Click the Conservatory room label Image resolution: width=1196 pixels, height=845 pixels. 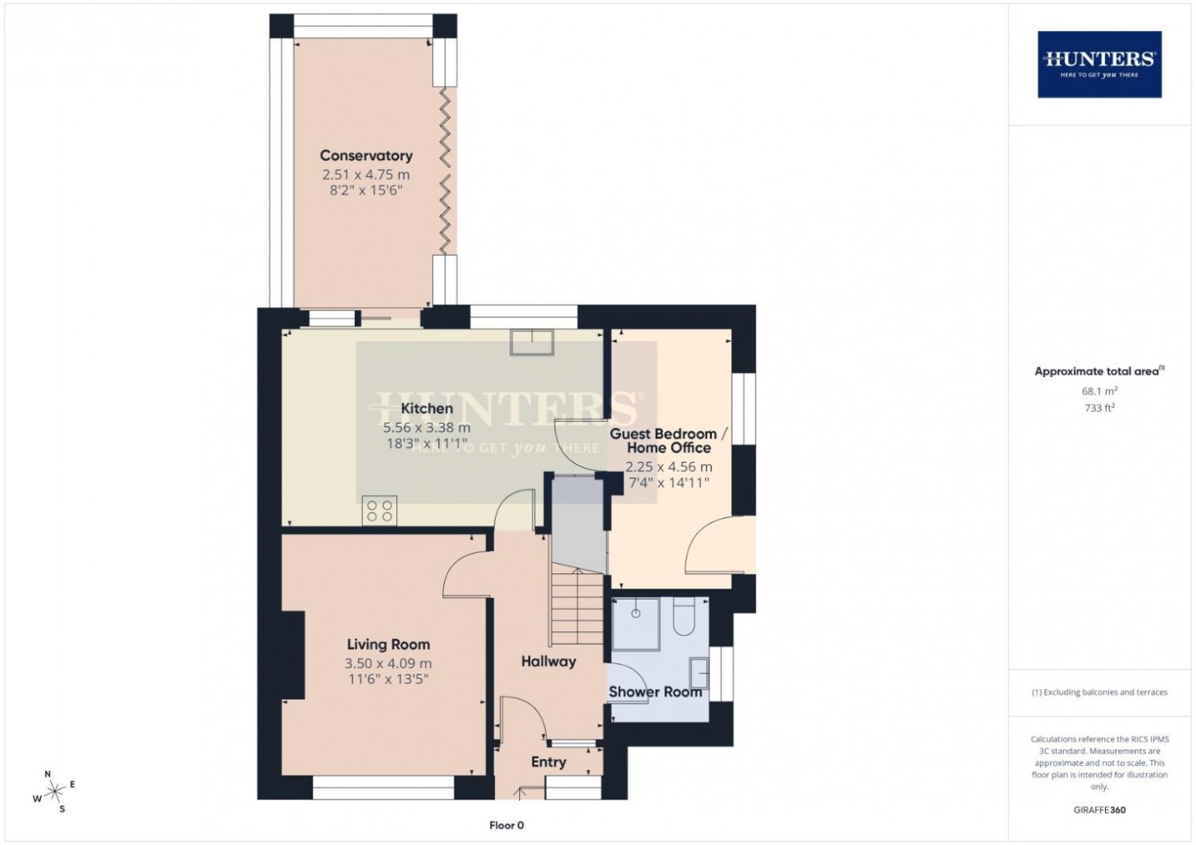tap(366, 155)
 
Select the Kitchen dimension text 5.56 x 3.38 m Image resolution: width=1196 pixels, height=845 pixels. tap(427, 427)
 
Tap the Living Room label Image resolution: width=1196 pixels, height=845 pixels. tap(388, 644)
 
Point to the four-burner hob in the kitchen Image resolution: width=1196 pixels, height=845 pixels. tap(380, 511)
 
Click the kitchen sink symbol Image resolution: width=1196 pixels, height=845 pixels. tap(533, 341)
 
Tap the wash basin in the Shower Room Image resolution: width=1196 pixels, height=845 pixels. tap(699, 674)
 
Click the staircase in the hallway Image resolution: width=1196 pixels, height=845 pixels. tap(575, 610)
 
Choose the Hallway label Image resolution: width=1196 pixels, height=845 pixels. tap(549, 661)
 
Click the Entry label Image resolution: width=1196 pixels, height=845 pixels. tap(549, 762)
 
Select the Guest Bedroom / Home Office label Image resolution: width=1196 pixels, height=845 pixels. tap(668, 441)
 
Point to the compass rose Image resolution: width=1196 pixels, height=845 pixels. tap(54, 792)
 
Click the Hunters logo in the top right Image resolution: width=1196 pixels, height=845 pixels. tap(1099, 64)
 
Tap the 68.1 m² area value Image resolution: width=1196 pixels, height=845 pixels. tap(1099, 391)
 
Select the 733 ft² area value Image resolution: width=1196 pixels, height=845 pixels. tap(1099, 408)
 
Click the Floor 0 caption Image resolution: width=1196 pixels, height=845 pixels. tap(506, 826)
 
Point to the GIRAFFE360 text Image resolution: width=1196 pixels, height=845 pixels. tap(1100, 810)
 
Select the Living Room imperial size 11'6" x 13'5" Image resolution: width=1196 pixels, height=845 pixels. tap(388, 679)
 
